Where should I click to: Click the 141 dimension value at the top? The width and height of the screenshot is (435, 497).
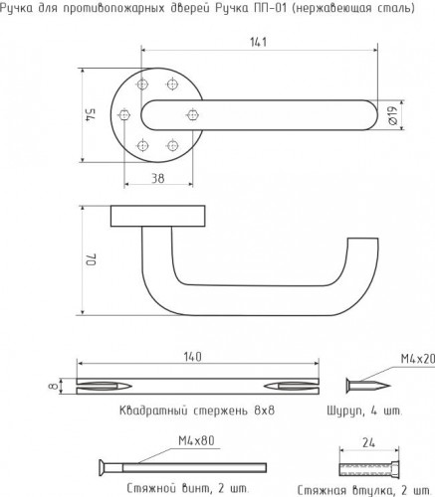click(258, 42)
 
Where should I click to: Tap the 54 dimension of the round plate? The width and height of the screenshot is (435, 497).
click(91, 115)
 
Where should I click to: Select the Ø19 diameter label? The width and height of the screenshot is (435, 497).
click(392, 115)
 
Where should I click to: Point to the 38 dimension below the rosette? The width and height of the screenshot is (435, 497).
click(158, 178)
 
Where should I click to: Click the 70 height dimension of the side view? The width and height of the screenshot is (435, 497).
click(91, 259)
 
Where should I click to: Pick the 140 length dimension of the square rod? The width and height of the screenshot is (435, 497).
click(192, 357)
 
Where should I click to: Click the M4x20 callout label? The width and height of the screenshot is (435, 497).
click(417, 359)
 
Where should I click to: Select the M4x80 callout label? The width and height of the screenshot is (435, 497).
click(196, 440)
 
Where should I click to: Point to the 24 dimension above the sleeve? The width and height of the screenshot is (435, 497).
click(368, 442)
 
